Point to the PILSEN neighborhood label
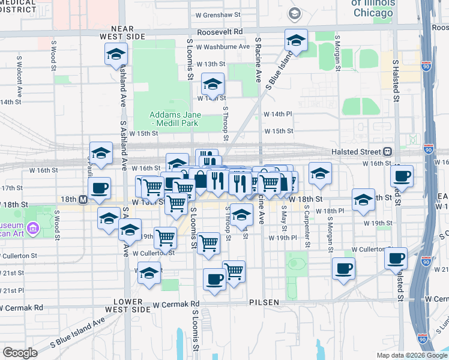264,302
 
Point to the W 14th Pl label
277,113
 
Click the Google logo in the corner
20,353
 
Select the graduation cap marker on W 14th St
212,85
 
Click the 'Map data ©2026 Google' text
411,355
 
